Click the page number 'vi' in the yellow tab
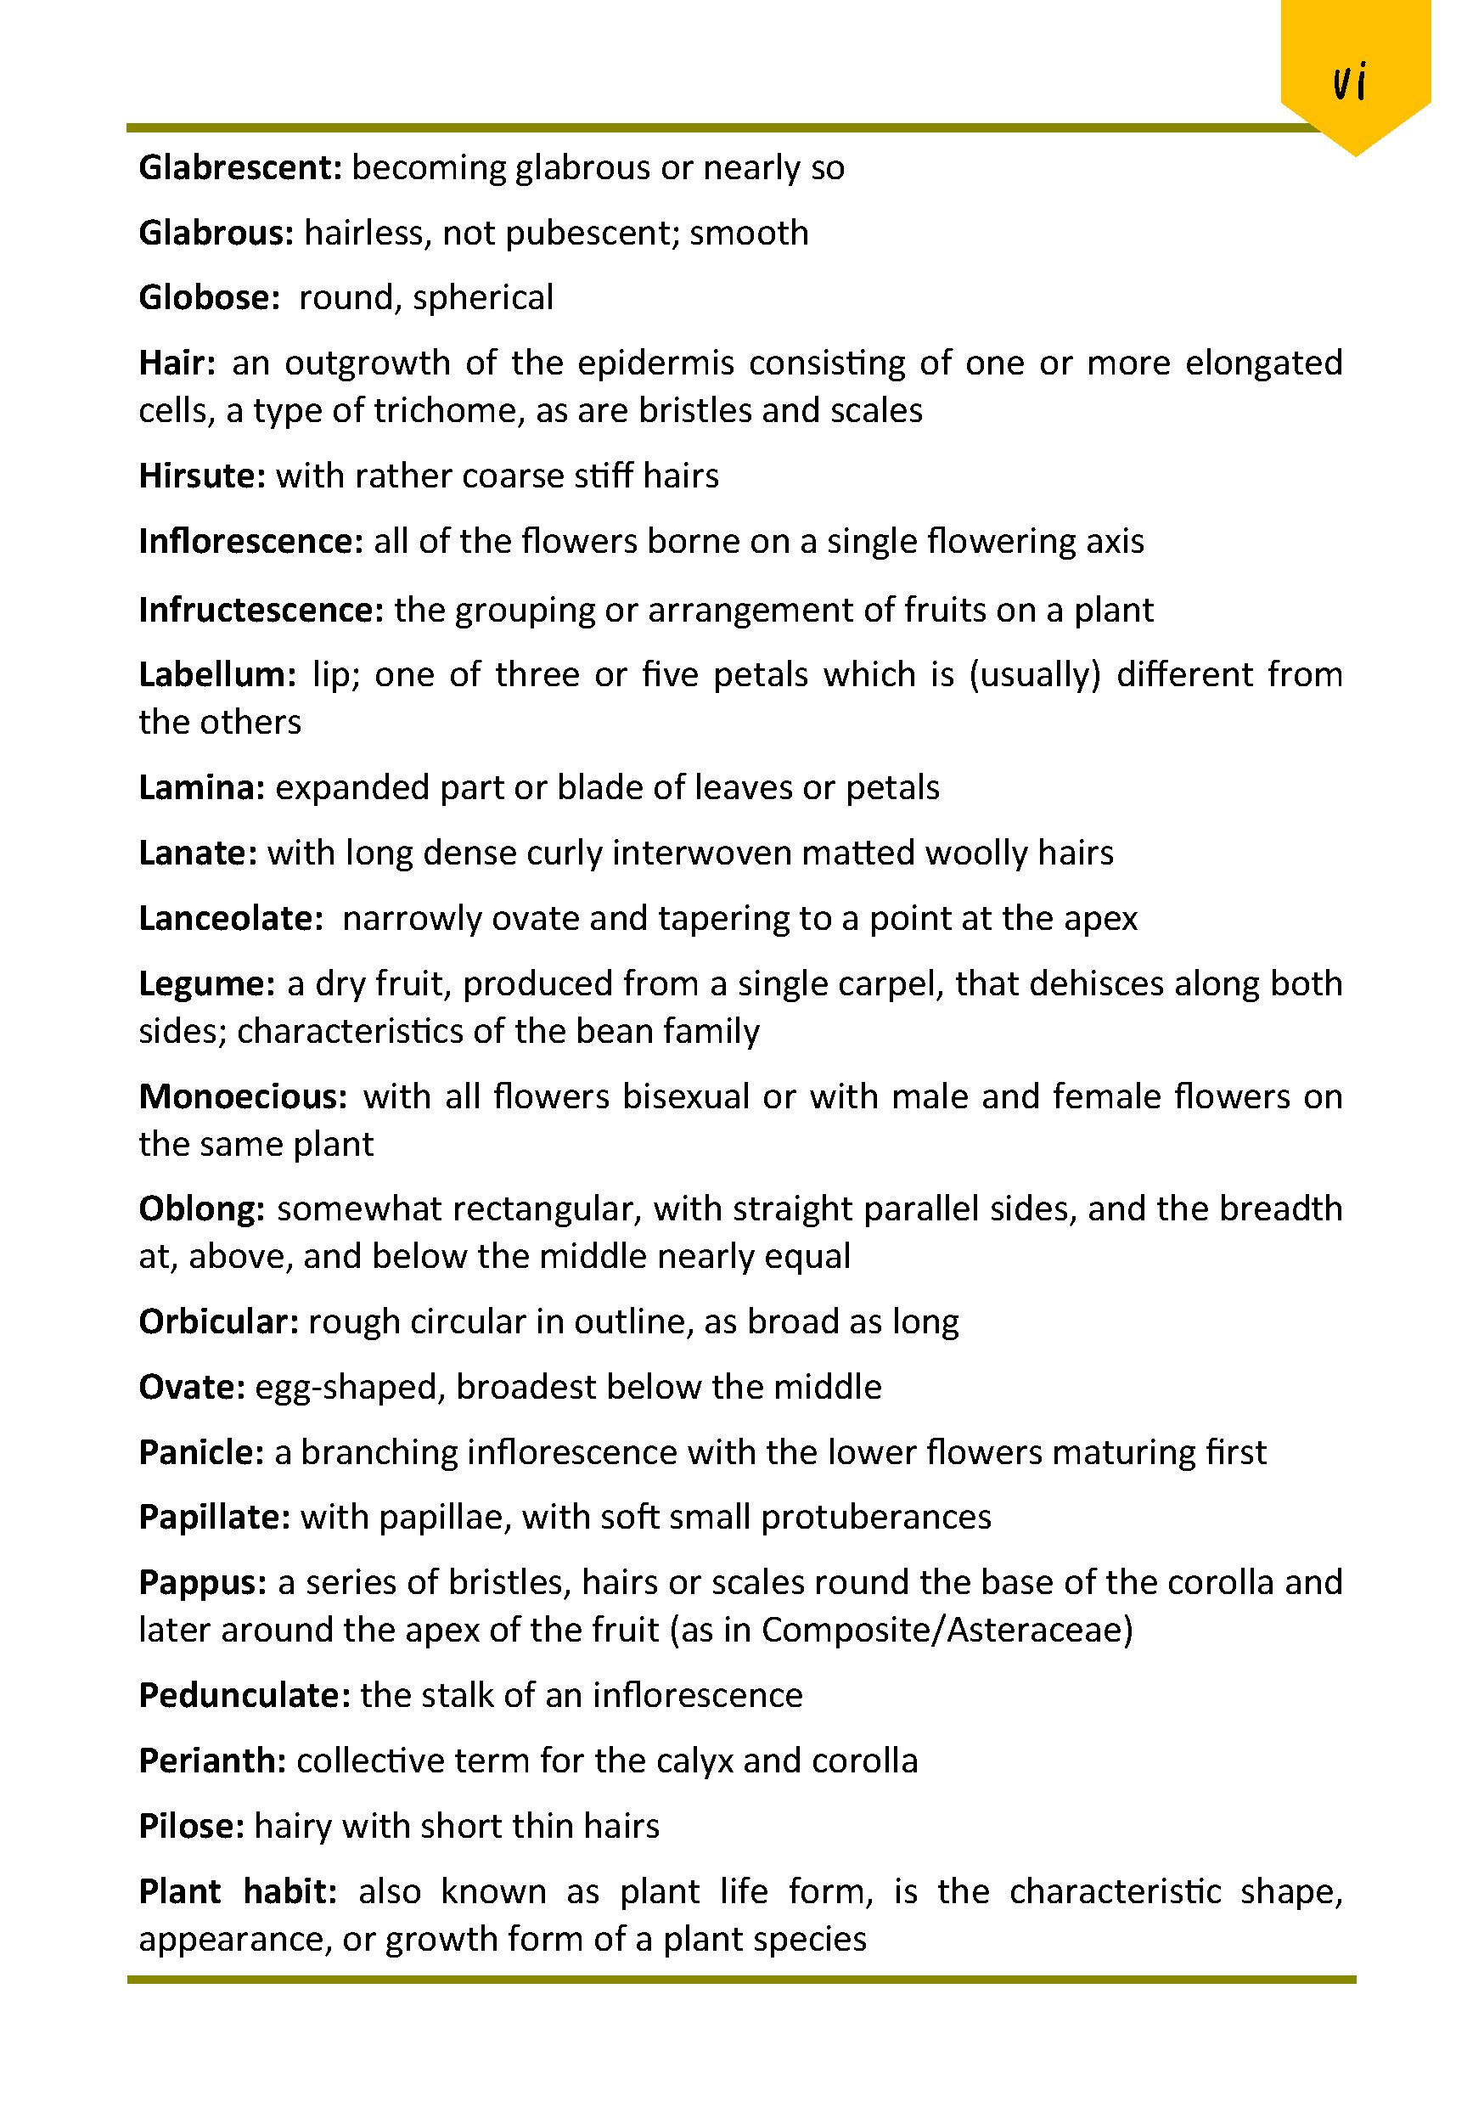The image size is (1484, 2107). tap(1349, 82)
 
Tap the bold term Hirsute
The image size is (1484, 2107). tap(202, 476)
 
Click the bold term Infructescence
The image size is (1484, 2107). tap(261, 611)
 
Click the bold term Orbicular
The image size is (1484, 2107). tap(218, 1322)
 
